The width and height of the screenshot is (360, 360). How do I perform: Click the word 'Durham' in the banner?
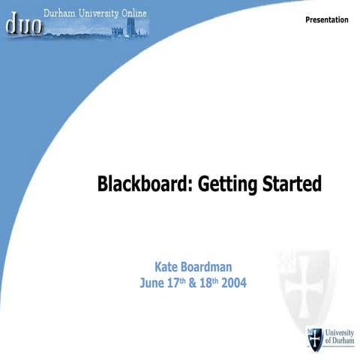point(60,13)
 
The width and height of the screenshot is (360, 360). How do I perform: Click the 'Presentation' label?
point(327,19)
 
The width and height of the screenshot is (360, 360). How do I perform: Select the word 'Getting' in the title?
point(222,184)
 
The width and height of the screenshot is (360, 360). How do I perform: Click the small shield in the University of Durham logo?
point(315,337)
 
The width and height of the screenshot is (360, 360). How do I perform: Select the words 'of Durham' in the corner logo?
point(337,342)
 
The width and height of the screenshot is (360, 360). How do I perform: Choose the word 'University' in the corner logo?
point(337,332)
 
